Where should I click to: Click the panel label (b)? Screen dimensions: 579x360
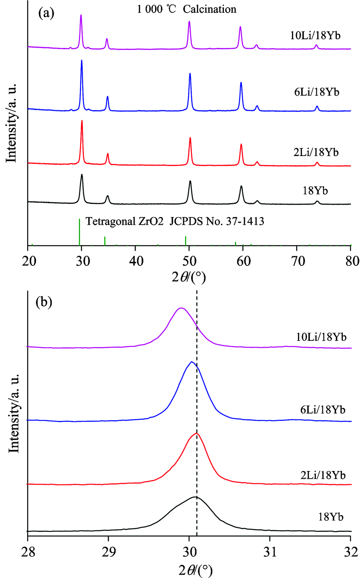point(44,303)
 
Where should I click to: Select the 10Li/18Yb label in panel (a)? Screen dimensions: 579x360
point(315,36)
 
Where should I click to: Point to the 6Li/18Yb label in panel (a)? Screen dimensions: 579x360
point(316,92)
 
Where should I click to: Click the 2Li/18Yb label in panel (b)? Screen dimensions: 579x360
point(323,475)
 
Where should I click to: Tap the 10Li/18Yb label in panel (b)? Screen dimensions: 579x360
point(321,337)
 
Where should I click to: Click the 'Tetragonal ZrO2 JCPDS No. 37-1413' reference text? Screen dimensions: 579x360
point(175,221)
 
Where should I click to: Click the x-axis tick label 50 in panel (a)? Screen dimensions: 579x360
point(189,261)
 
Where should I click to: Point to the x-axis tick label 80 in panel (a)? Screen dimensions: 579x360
point(351,261)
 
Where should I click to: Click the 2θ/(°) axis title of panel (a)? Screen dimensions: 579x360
point(189,277)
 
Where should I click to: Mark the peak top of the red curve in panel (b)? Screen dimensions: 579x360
point(196,433)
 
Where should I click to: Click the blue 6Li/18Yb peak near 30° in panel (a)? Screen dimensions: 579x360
point(82,61)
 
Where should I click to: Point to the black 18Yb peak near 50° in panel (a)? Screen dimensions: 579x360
point(190,181)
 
